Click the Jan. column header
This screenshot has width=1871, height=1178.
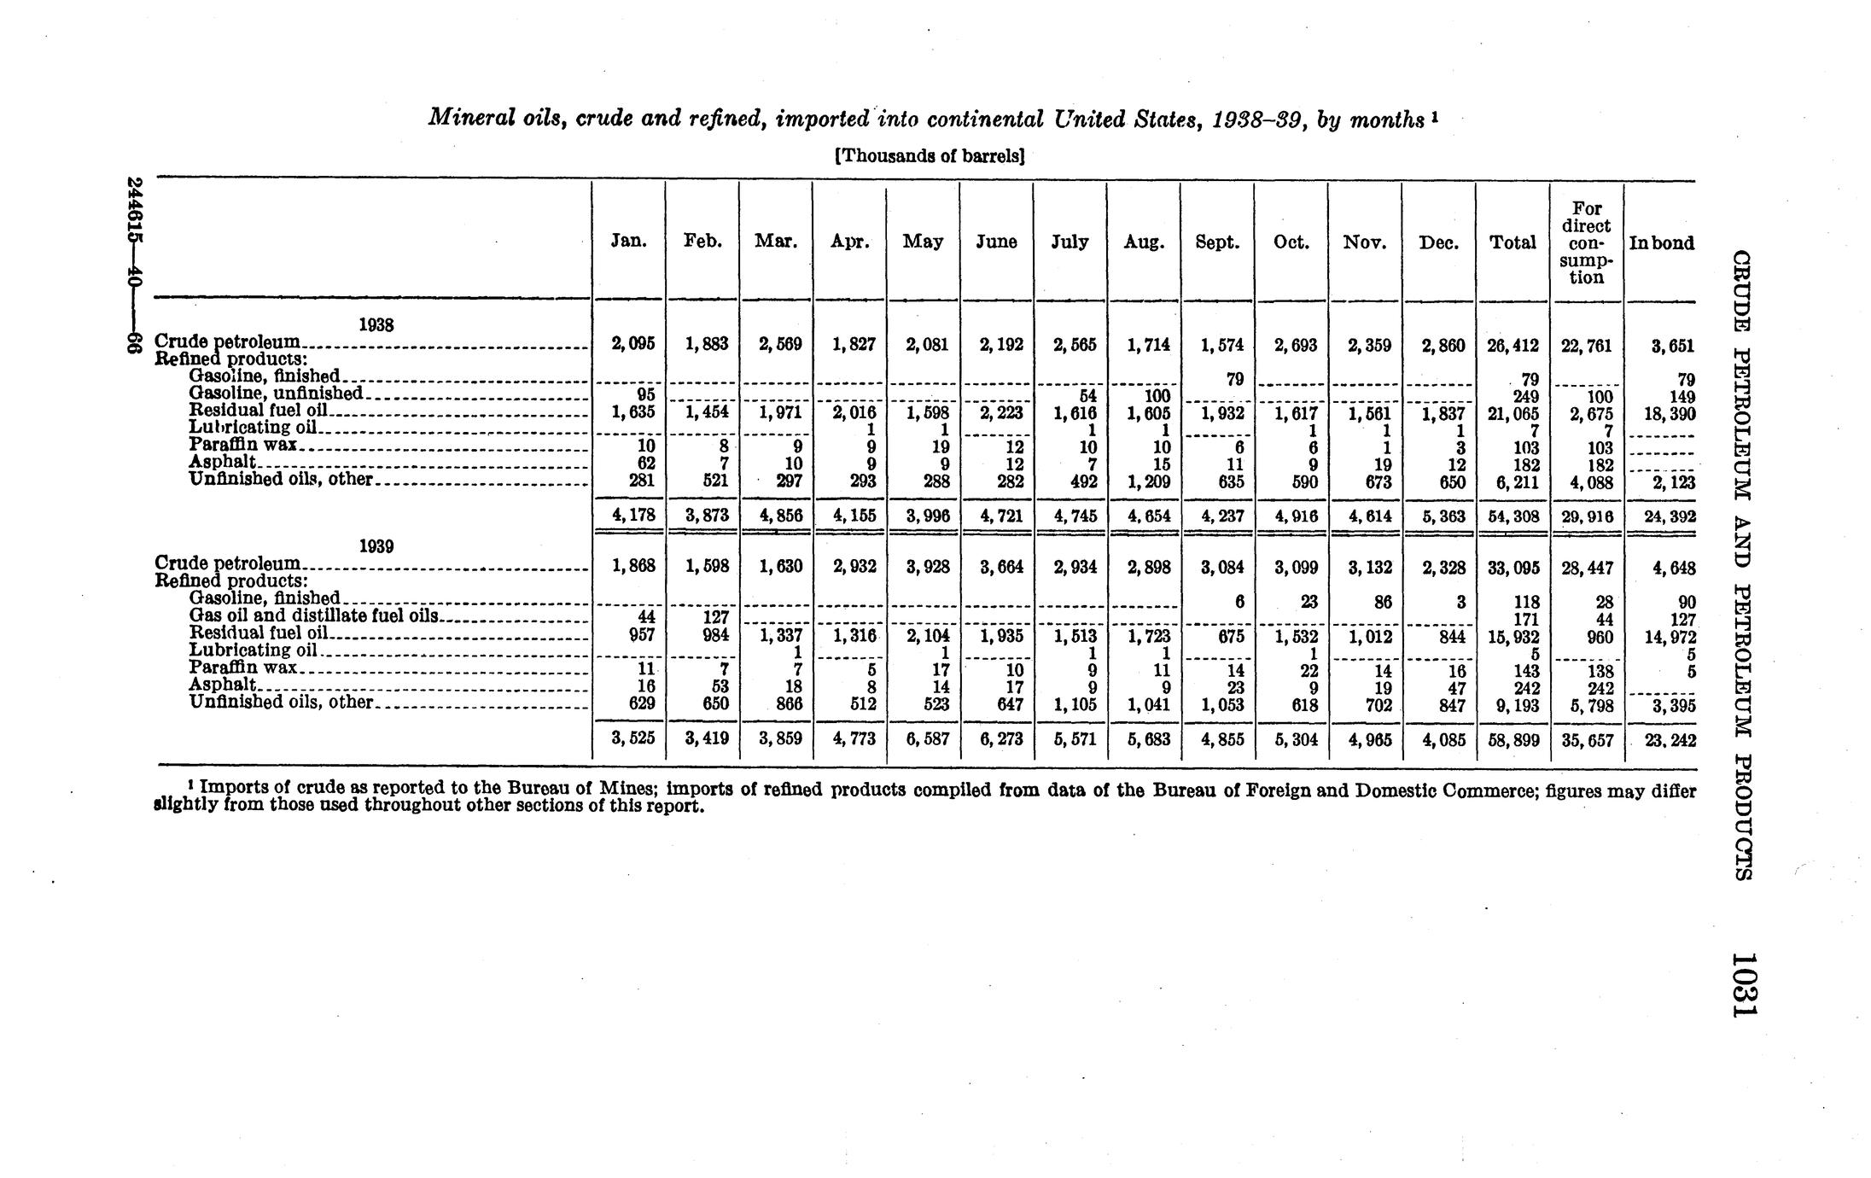(628, 242)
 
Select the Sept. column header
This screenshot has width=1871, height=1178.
(1217, 242)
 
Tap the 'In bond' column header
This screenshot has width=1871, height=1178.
(1661, 243)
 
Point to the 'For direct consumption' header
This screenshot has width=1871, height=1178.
(1586, 243)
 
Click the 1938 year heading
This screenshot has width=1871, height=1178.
(375, 325)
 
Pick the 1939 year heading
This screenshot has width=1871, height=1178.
(376, 546)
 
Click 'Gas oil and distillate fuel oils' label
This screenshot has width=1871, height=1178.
(314, 615)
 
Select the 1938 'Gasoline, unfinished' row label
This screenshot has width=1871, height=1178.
(277, 394)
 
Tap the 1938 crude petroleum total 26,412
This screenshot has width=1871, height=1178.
(1513, 346)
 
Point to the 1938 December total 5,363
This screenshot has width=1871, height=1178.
(1438, 516)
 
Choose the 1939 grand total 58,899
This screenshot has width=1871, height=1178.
(1513, 739)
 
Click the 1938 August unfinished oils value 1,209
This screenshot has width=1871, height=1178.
(1144, 482)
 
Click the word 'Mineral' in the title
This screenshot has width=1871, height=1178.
(468, 118)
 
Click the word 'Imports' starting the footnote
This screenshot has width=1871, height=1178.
(232, 789)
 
